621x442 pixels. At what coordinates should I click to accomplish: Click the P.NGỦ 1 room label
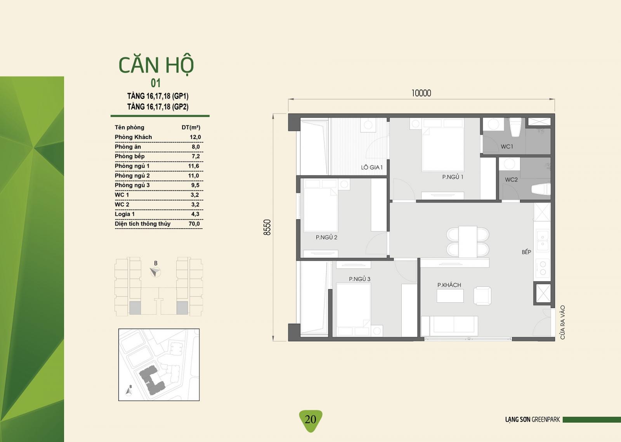(x=453, y=177)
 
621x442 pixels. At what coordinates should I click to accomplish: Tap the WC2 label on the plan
(x=511, y=180)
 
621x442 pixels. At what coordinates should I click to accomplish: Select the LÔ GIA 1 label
(x=371, y=167)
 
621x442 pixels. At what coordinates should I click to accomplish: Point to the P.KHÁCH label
(x=449, y=284)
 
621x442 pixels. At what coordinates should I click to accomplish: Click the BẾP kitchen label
(x=526, y=251)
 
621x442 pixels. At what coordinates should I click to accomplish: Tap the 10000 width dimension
(x=421, y=93)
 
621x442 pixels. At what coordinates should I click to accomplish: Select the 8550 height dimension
(x=267, y=227)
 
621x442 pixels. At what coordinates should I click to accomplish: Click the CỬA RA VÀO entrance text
(x=562, y=322)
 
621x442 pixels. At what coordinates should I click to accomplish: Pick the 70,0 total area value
(x=194, y=224)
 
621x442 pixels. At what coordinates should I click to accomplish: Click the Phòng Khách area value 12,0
(x=195, y=137)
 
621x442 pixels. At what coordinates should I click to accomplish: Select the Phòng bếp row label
(x=130, y=156)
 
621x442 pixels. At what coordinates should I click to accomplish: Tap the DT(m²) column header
(x=191, y=127)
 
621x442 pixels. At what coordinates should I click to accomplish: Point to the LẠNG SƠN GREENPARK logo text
(x=533, y=419)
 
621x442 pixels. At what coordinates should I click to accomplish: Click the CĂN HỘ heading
(x=156, y=66)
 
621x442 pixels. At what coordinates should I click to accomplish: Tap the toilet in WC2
(x=541, y=189)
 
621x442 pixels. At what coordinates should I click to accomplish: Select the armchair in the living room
(x=482, y=296)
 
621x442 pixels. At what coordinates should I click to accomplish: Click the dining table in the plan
(x=468, y=242)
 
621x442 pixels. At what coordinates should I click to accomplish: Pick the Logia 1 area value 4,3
(x=195, y=214)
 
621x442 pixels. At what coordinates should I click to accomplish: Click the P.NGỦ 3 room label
(x=359, y=279)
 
